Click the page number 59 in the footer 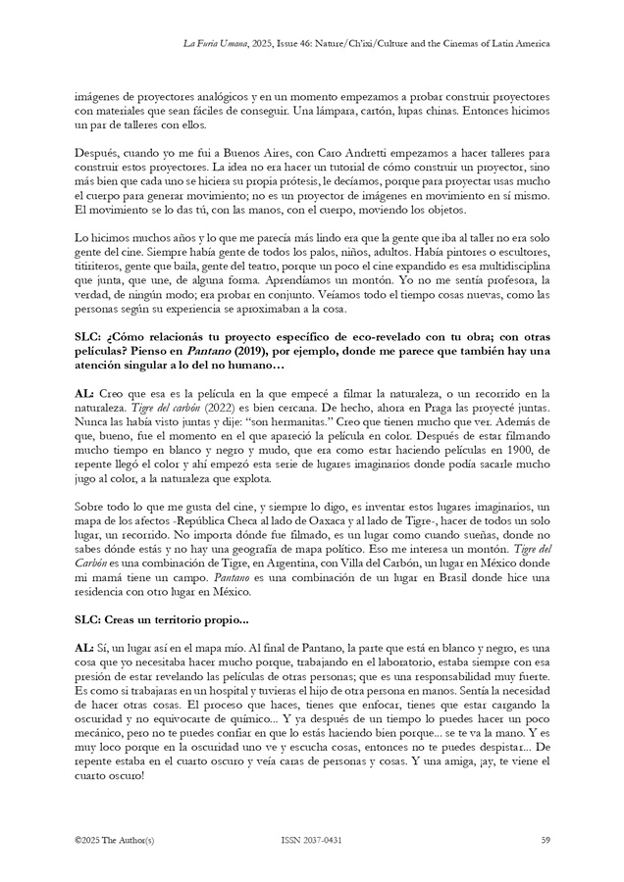[x=545, y=840]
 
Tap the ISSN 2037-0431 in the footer [x=311, y=840]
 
